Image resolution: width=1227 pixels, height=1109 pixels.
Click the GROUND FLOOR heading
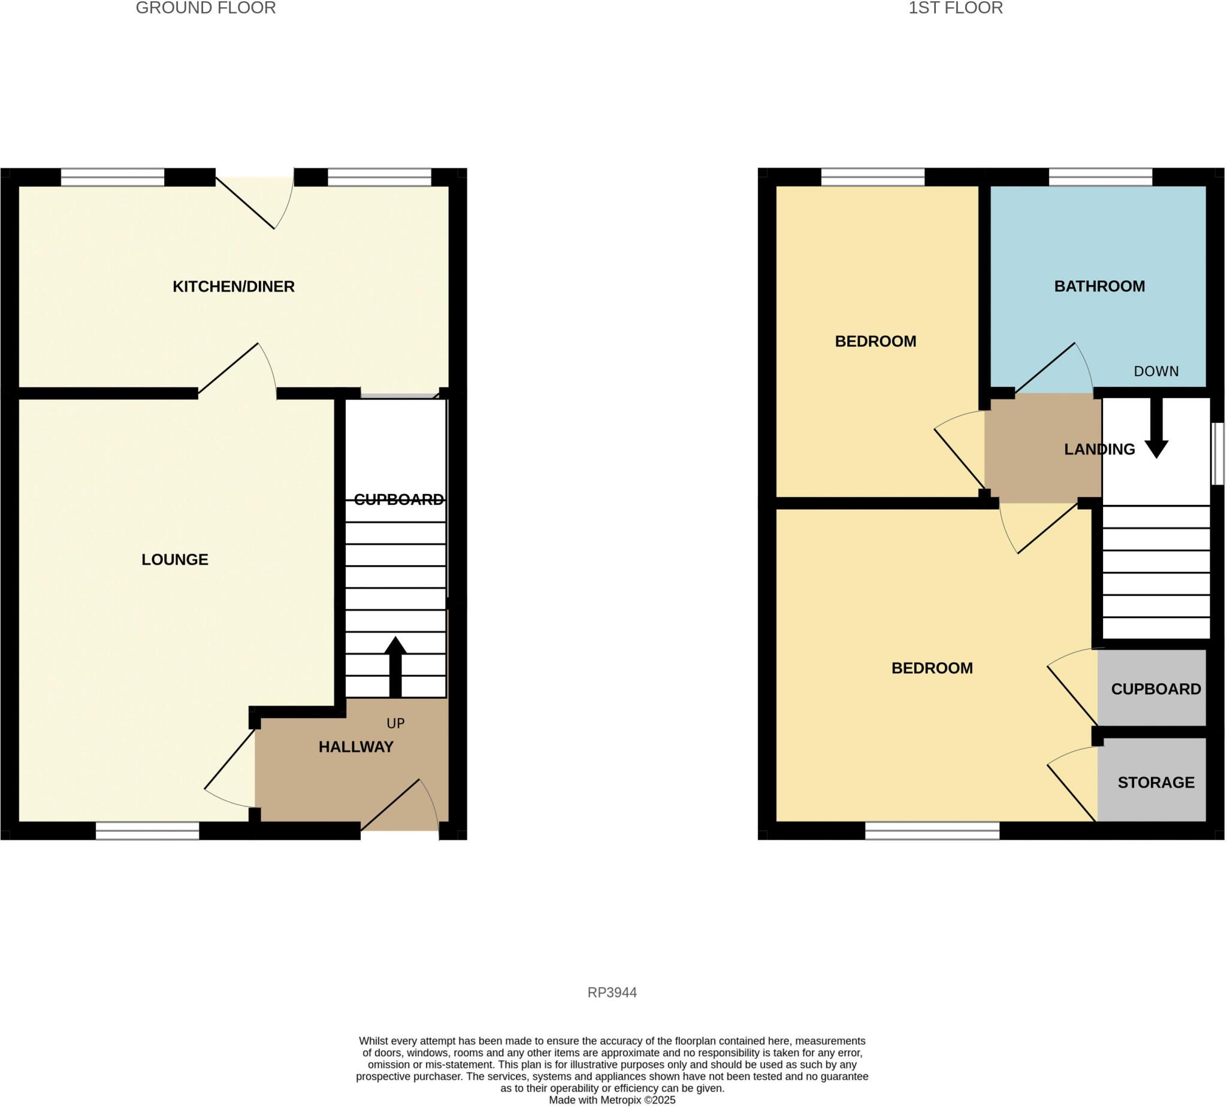(205, 8)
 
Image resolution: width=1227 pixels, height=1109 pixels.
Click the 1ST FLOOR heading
(956, 8)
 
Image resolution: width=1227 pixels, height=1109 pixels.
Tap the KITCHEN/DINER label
(234, 286)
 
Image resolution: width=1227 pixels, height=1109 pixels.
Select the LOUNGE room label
(175, 560)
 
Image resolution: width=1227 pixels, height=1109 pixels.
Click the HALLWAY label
(356, 747)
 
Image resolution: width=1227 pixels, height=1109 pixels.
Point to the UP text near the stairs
(395, 723)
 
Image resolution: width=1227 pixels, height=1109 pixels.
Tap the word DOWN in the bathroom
(1156, 371)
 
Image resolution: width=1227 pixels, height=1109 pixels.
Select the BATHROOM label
(1099, 286)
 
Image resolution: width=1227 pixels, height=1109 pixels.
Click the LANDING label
(1099, 449)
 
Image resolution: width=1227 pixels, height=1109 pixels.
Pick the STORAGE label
(1156, 782)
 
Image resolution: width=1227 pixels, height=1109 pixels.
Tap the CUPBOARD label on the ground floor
(398, 499)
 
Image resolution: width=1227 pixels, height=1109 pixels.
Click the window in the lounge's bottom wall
(147, 831)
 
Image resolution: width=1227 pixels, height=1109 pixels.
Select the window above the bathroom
(1101, 177)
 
